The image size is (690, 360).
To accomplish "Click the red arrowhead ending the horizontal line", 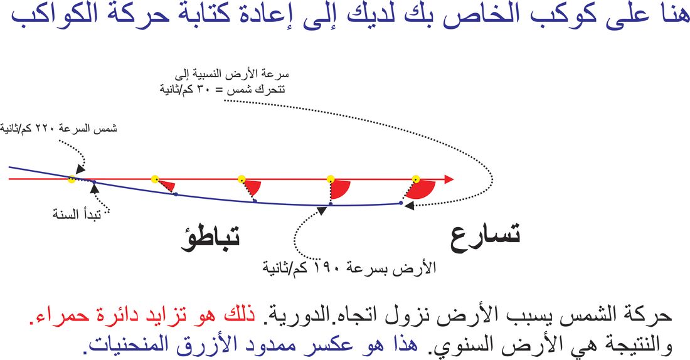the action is coord(449,179).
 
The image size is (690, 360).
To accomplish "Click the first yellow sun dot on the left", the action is coord(72,179).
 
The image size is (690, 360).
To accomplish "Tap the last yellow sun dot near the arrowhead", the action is coord(416,179).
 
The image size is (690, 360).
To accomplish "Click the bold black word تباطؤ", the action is coord(211,240).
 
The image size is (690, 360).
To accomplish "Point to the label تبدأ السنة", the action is coord(77,214).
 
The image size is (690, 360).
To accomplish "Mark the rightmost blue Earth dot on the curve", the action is coord(400,203).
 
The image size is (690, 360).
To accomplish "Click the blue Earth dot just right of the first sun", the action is coord(94,182).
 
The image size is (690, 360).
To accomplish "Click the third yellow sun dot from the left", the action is coord(241,179).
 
